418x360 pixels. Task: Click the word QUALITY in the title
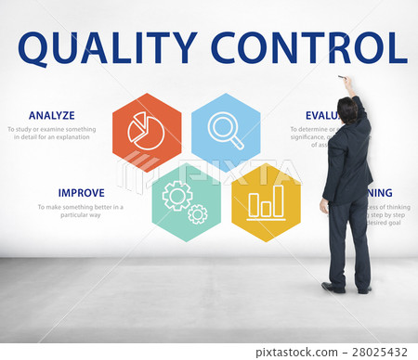pos(108,48)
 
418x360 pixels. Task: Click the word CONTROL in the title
pos(308,48)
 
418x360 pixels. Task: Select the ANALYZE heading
pos(52,116)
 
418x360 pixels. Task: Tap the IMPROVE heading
pos(81,193)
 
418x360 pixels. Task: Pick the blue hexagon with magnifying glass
pos(226,130)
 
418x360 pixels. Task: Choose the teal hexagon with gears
pos(186,201)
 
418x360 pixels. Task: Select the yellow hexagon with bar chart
pos(266,202)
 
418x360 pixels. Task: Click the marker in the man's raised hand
pos(341,78)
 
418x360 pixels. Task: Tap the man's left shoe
pos(333,287)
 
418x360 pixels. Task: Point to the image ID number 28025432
pos(380,352)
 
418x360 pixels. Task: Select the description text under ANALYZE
pos(50,133)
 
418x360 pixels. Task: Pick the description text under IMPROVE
pos(80,211)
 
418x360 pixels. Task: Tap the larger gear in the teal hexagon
pos(176,195)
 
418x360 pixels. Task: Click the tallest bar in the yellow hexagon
pos(277,200)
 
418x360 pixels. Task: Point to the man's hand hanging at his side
pos(324,206)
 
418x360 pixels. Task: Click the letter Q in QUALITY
pos(33,49)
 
